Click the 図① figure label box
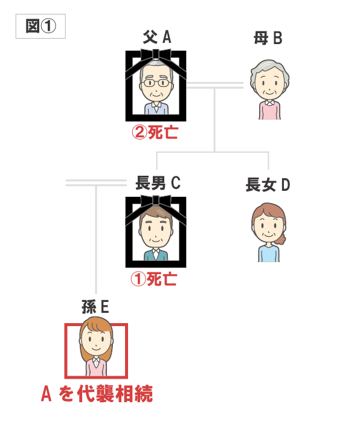point(40,27)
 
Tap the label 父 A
point(157,37)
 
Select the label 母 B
point(268,38)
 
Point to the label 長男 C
point(158,183)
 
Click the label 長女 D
point(268,185)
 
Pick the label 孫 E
point(95,307)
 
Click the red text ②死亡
point(155,133)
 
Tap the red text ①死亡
point(153,280)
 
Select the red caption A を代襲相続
point(97,394)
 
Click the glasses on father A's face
point(156,83)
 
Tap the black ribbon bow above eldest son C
point(156,202)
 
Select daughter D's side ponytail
point(281,239)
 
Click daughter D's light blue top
point(269,254)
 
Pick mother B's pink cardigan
point(269,110)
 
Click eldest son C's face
point(156,230)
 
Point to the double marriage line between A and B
point(215,85)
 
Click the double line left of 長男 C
point(96,183)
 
